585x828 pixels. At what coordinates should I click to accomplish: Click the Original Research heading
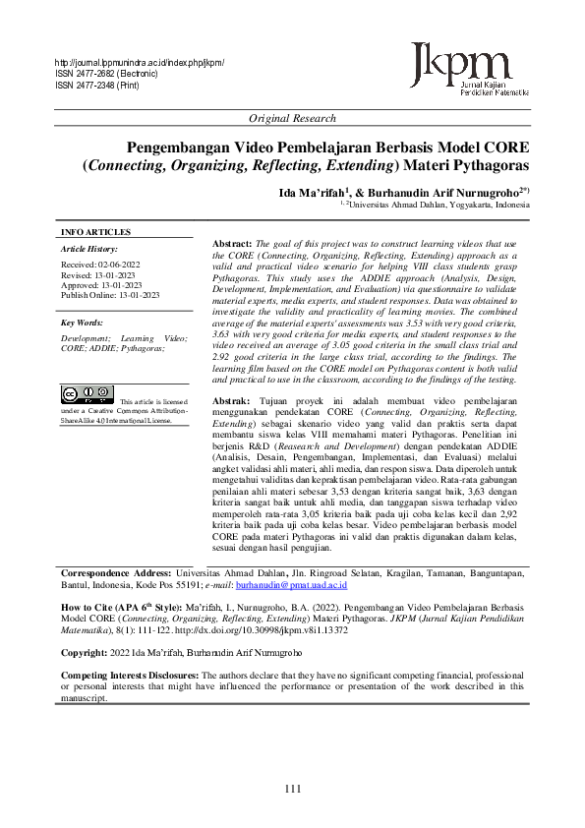pyautogui.click(x=292, y=119)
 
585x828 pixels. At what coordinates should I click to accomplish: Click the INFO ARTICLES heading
pyautogui.click(x=95, y=232)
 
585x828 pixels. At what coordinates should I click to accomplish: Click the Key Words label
pyautogui.click(x=82, y=322)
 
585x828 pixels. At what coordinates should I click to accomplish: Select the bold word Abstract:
pyautogui.click(x=232, y=242)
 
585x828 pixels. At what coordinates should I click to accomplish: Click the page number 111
pyautogui.click(x=292, y=790)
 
